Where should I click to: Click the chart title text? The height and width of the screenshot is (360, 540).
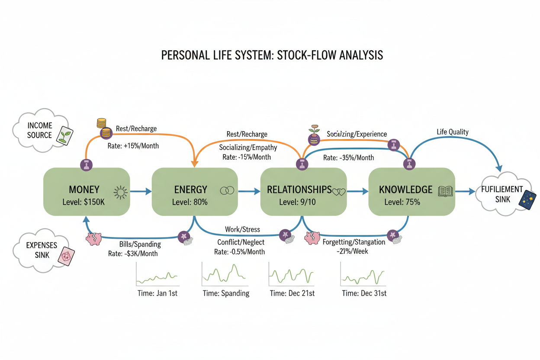point(272,55)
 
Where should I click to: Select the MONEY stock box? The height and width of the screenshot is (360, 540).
point(87,192)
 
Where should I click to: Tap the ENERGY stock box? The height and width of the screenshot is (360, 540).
point(195,192)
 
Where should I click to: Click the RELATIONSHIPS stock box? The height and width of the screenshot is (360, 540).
point(303,192)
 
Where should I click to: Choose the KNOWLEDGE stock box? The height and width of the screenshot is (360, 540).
point(411,192)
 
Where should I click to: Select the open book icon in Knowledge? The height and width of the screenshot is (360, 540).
point(445,191)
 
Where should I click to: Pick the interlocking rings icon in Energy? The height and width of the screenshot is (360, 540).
point(227,190)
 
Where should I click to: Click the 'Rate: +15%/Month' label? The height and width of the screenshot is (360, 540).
point(133,146)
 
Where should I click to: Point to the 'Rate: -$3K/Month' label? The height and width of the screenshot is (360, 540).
point(133,254)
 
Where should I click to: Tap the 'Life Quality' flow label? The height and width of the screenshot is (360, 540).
point(453,132)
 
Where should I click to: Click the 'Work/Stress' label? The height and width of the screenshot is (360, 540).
point(242,229)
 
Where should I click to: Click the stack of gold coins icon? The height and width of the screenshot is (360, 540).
point(102,124)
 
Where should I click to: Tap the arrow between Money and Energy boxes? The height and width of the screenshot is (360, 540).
point(141,191)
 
